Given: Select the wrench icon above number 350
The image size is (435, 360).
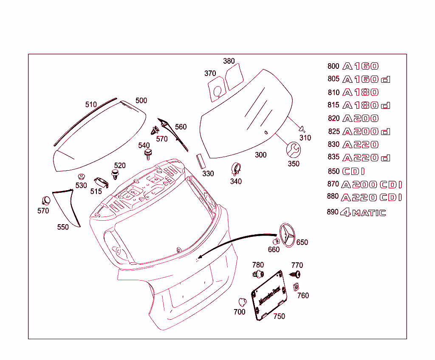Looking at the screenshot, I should (293, 150).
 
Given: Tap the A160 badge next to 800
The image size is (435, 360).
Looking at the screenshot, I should (361, 66).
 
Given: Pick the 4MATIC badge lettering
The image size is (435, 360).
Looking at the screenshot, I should (363, 213).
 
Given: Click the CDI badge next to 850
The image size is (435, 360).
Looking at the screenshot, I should (353, 172).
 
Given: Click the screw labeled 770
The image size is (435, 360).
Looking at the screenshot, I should (297, 274).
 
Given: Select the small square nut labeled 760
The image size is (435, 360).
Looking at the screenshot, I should (297, 287).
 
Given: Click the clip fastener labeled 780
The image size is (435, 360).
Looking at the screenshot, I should (258, 273).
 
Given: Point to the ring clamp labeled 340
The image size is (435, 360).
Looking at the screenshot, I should (237, 169).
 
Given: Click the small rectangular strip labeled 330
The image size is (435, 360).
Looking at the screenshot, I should (200, 162).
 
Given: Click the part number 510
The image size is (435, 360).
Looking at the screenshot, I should (91, 104).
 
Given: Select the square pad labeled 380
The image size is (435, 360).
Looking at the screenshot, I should (234, 76).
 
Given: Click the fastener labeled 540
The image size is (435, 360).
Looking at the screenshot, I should (148, 154).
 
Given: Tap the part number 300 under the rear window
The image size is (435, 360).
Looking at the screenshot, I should (261, 155).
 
